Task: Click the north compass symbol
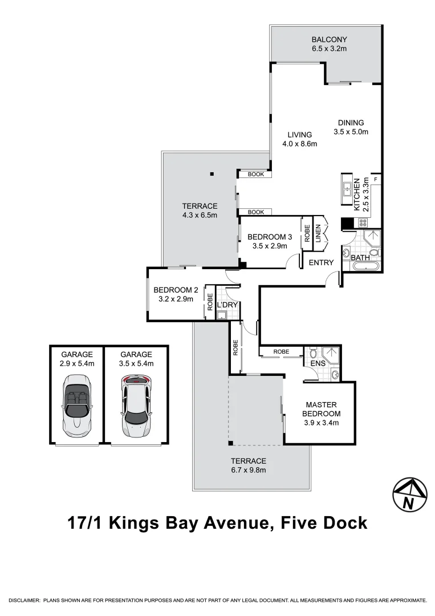[410, 493]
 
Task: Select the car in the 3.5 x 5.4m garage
[136, 406]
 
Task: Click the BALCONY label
[329, 40]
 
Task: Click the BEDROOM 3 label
[270, 237]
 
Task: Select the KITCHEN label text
[357, 194]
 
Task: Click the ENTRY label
[321, 263]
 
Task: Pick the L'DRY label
[227, 305]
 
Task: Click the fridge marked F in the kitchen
[375, 180]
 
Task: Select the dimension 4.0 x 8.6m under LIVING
[299, 144]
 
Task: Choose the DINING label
[351, 123]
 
